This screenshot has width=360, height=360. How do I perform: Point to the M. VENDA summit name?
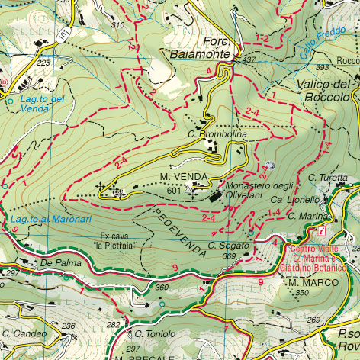pyautogui.click(x=178, y=177)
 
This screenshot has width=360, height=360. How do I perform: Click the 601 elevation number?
pyautogui.click(x=173, y=190)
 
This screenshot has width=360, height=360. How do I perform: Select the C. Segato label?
pyautogui.click(x=229, y=246)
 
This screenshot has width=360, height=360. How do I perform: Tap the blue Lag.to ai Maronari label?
pyautogui.click(x=41, y=221)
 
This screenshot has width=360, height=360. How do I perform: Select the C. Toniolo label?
pyautogui.click(x=154, y=334)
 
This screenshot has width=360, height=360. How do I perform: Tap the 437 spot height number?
pyautogui.click(x=249, y=59)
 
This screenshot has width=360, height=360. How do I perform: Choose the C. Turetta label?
pyautogui.click(x=328, y=178)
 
